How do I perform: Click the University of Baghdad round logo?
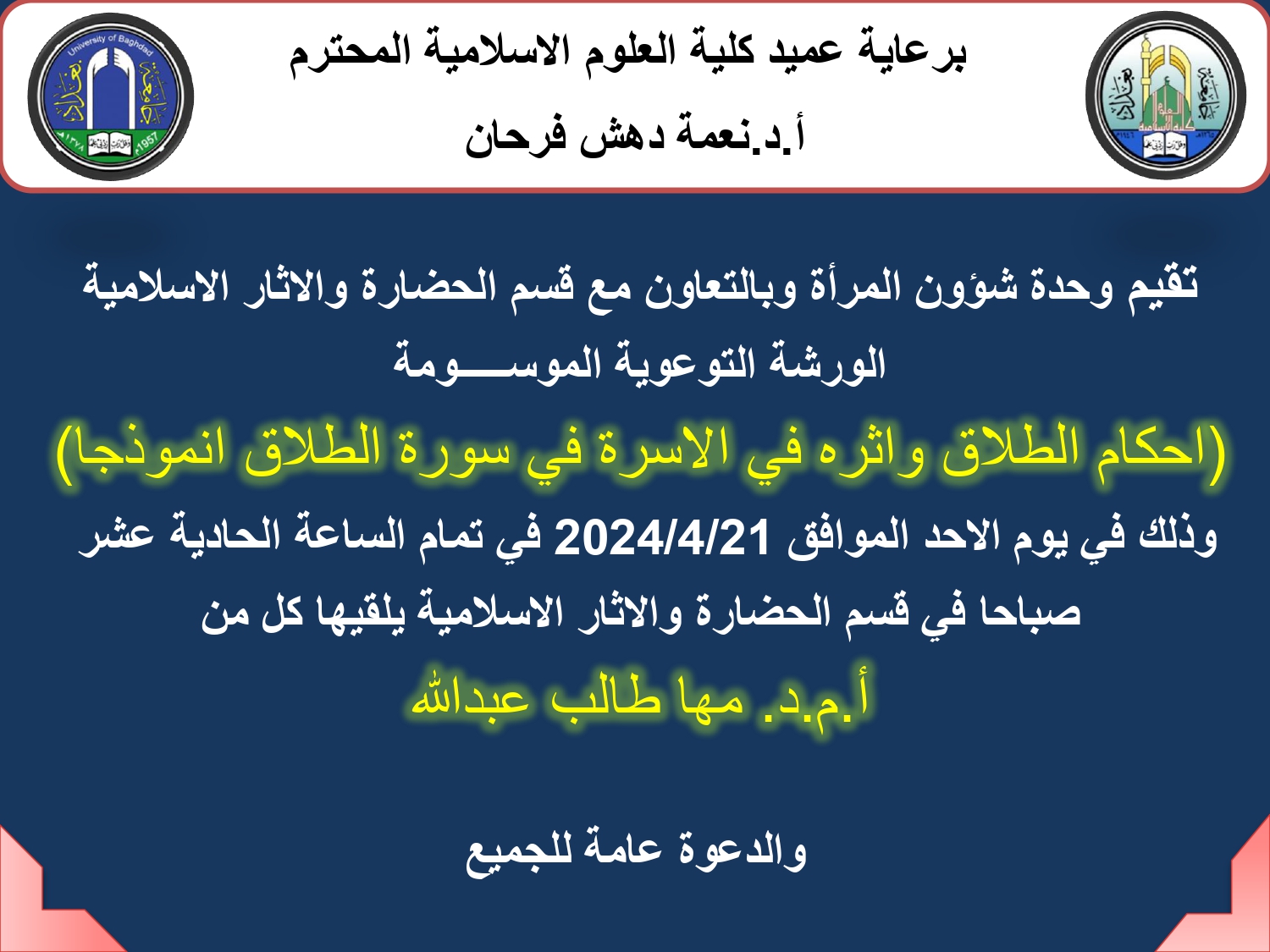[111, 96]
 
